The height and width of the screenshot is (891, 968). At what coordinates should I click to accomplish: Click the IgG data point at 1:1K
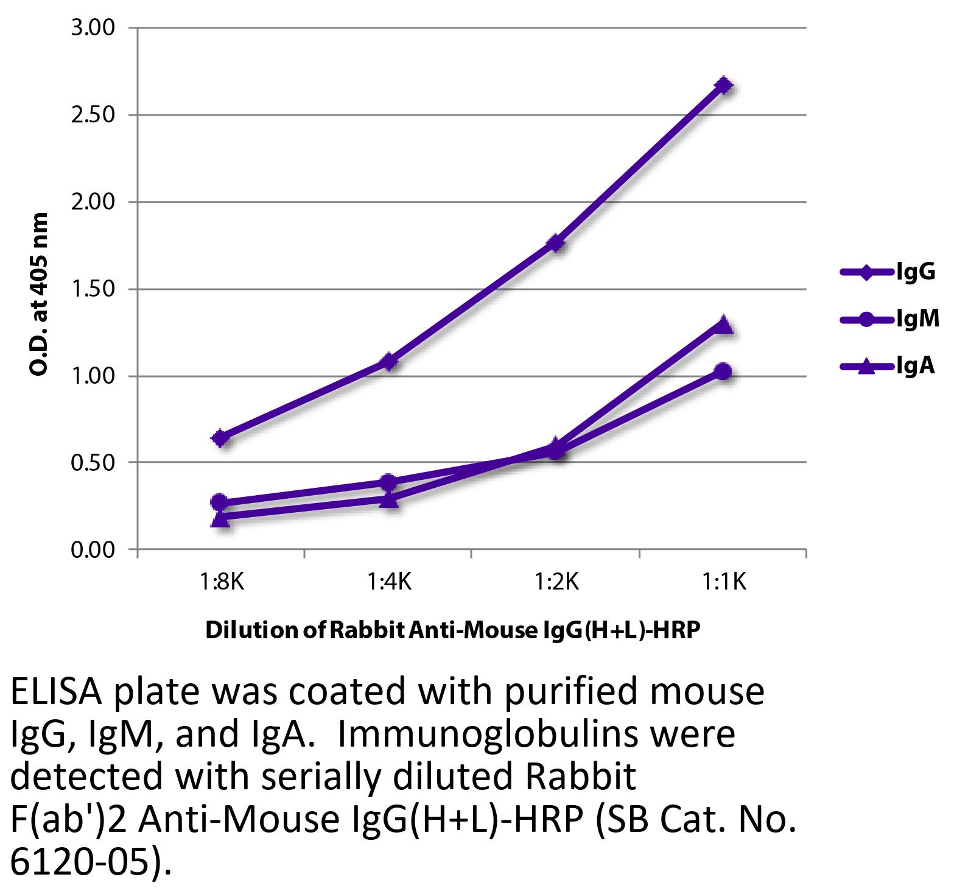(723, 85)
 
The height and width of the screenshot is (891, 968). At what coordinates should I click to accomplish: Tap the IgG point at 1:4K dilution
(389, 362)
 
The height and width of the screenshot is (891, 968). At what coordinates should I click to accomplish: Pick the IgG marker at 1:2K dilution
(556, 243)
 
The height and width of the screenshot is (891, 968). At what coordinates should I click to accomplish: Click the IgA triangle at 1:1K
(723, 323)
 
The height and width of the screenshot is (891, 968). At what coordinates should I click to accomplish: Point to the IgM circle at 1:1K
(723, 371)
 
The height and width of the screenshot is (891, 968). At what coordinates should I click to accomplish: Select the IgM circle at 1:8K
(220, 502)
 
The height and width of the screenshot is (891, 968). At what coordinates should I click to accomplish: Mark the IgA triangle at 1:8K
(222, 518)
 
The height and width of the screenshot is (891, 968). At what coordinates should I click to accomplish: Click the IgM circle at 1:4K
(388, 482)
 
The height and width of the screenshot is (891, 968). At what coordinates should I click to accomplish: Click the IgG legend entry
(889, 272)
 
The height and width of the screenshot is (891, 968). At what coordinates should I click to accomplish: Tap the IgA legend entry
(889, 365)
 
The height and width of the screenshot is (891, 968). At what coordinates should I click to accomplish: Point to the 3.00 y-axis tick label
(93, 28)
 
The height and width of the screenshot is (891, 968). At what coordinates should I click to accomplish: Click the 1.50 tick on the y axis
(93, 289)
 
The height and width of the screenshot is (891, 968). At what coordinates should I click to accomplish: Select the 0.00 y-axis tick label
(93, 550)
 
